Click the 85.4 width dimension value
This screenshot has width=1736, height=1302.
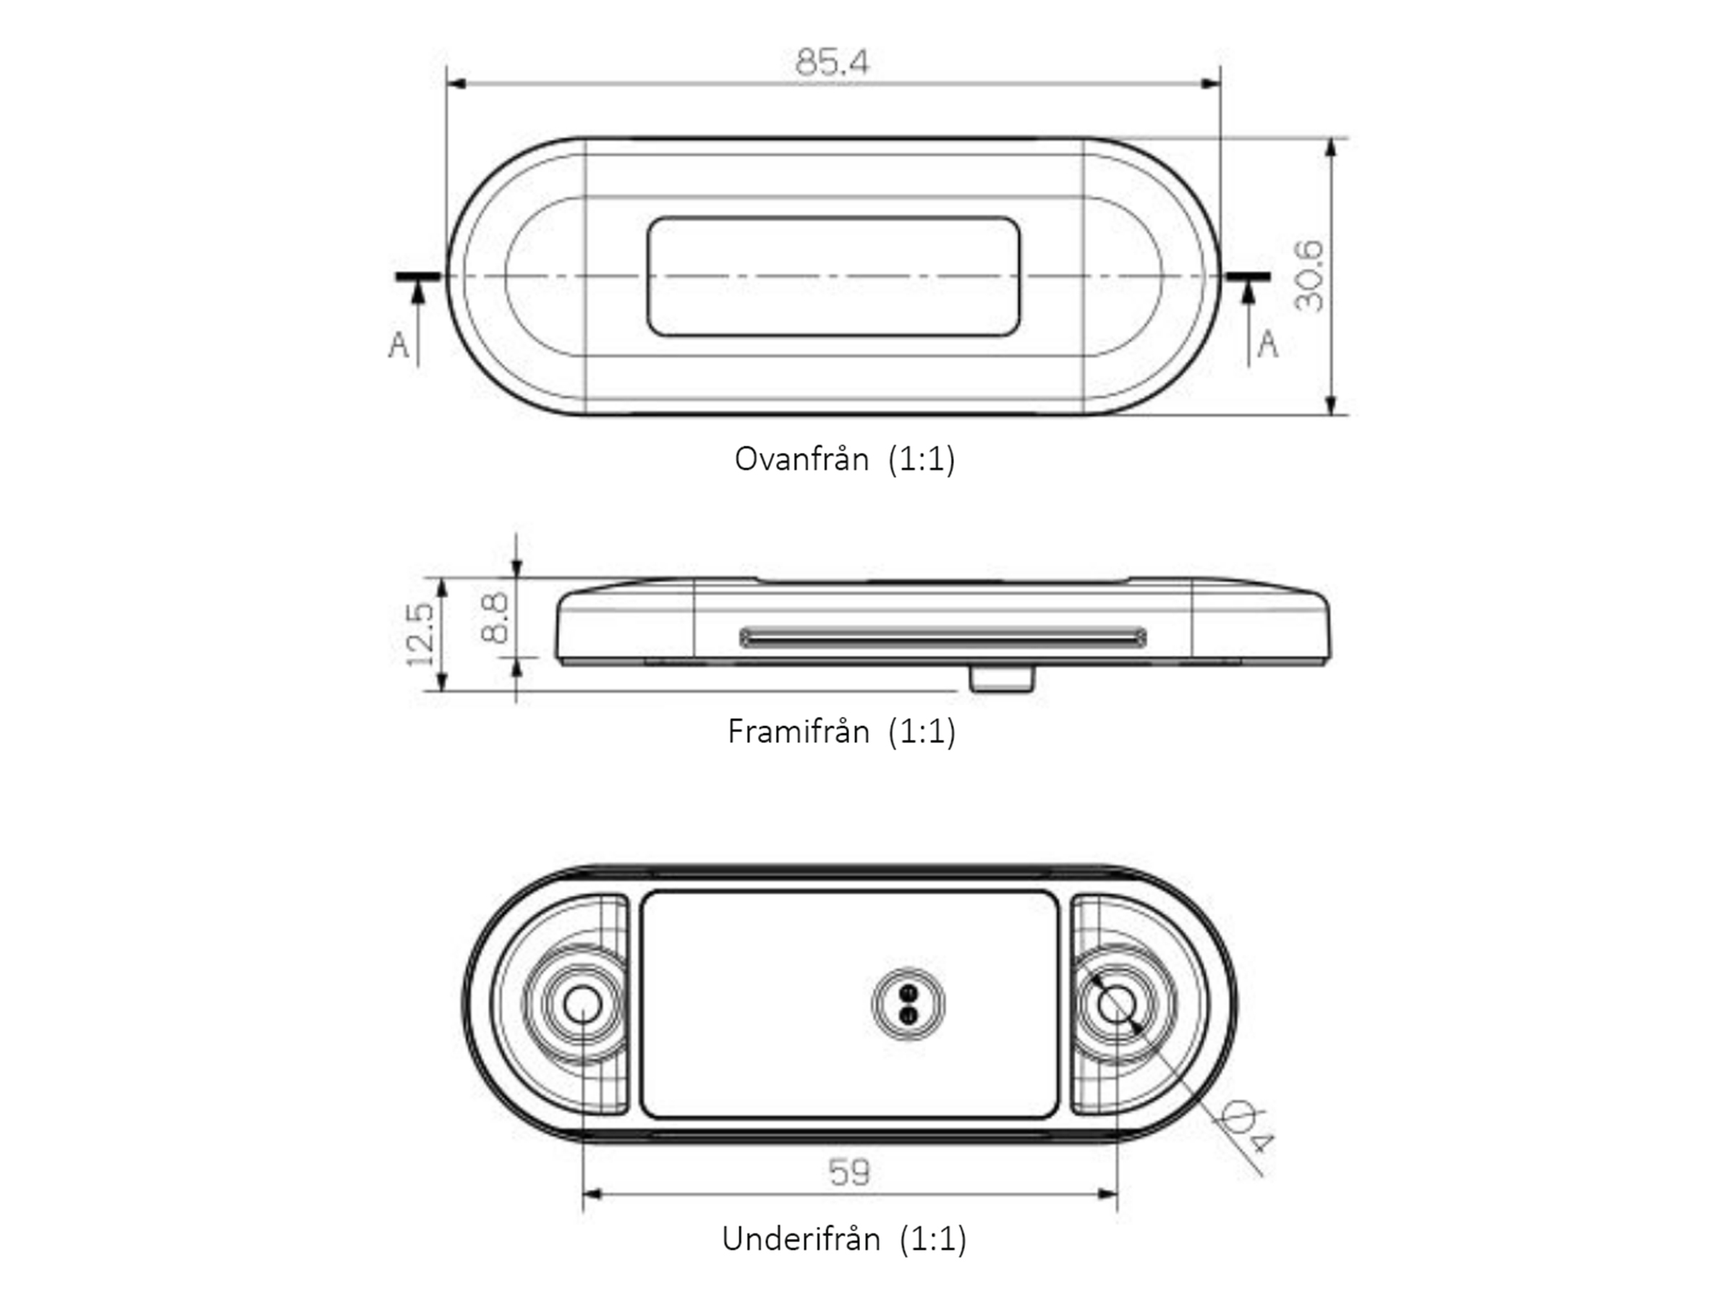click(832, 62)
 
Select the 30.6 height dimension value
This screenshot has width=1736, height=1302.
click(1309, 276)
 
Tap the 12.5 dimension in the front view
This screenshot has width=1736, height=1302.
click(420, 634)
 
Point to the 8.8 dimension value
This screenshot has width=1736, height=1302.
click(495, 618)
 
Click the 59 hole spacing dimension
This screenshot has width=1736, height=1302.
click(849, 1172)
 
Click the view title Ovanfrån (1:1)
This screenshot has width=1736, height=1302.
click(844, 459)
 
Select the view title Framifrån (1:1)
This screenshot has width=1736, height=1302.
click(841, 731)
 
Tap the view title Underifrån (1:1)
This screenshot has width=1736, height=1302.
click(843, 1239)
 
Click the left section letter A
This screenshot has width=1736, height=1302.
click(399, 344)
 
